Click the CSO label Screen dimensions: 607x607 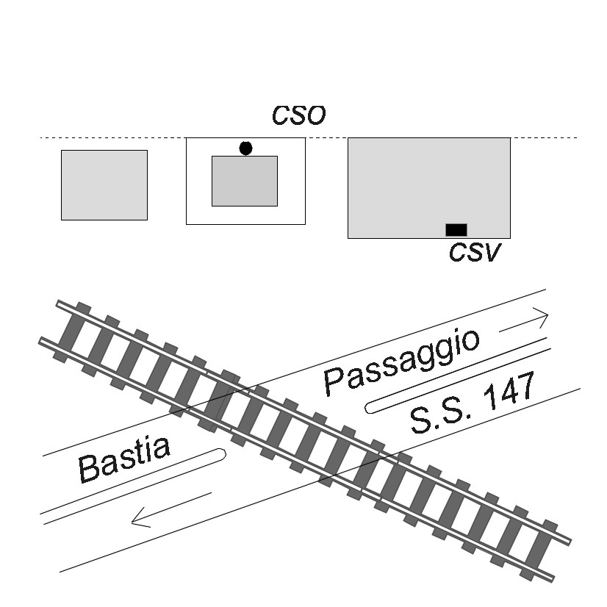pyautogui.click(x=299, y=115)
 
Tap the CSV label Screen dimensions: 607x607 pyautogui.click(x=475, y=252)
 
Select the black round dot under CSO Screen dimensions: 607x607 pyautogui.click(x=246, y=148)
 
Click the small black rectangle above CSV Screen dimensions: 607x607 pyautogui.click(x=456, y=230)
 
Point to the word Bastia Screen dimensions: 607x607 pyautogui.click(x=124, y=459)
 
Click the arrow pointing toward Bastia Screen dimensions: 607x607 pyautogui.click(x=171, y=510)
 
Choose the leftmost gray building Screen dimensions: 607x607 pyautogui.click(x=104, y=185)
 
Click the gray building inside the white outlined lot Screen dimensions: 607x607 pyautogui.click(x=245, y=182)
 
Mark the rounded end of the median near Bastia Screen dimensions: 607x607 pyautogui.click(x=222, y=453)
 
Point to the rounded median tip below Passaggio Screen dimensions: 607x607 pyautogui.click(x=369, y=407)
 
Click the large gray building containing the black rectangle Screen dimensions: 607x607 pyautogui.click(x=429, y=188)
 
